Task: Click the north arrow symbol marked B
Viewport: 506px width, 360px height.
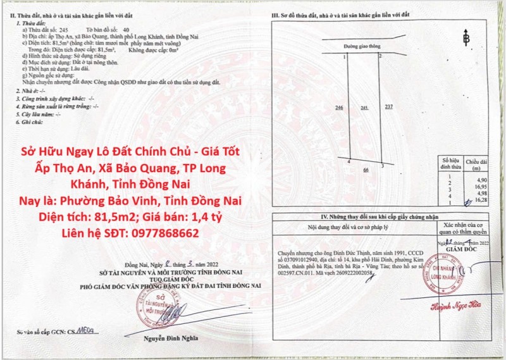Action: [x=467, y=39]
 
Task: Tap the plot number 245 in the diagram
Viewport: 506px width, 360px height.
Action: [x=364, y=108]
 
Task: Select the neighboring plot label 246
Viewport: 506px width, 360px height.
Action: [x=339, y=108]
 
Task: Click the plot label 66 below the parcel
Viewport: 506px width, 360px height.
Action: [x=366, y=170]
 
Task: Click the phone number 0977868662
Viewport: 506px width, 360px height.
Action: [x=161, y=233]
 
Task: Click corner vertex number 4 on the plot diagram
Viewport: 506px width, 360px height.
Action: [x=349, y=163]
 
